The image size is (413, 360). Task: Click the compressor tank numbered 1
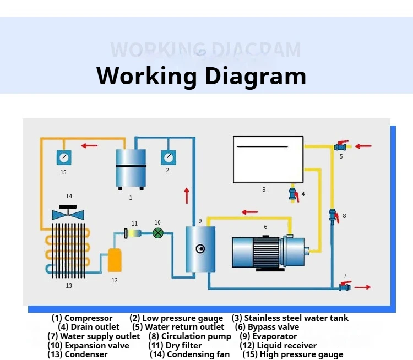pos(131,168)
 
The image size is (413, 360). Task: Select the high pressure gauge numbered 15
pos(64,157)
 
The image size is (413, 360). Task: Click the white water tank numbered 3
pos(268,159)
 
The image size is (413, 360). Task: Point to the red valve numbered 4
pos(293,194)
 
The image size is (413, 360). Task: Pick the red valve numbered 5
pos(340,146)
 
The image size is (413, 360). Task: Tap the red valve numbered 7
pos(344,287)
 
